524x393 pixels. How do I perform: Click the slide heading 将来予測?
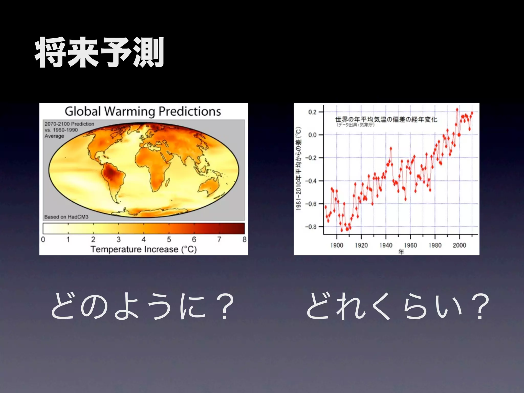[x=99, y=52]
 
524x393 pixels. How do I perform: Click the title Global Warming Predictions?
[x=143, y=111]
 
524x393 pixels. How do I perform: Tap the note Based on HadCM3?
[x=66, y=217]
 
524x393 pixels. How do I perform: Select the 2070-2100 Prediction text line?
[x=69, y=124]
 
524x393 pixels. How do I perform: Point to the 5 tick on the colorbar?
[x=169, y=239]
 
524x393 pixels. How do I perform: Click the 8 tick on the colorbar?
[x=244, y=239]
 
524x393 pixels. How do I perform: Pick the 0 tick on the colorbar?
[x=43, y=239]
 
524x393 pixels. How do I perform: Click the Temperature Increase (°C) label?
[x=144, y=249]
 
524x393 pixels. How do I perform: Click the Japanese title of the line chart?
[x=386, y=119]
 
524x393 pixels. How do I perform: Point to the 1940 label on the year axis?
[x=386, y=245]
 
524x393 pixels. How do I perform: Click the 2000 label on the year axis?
[x=459, y=245]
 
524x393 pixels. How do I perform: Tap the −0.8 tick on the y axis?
[x=311, y=227]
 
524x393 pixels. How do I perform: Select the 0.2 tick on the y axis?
[x=312, y=112]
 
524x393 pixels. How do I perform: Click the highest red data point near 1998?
[x=457, y=110]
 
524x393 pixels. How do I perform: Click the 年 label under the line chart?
[x=401, y=252]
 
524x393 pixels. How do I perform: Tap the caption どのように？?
[x=142, y=306]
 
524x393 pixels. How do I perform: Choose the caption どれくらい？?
[x=397, y=306]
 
